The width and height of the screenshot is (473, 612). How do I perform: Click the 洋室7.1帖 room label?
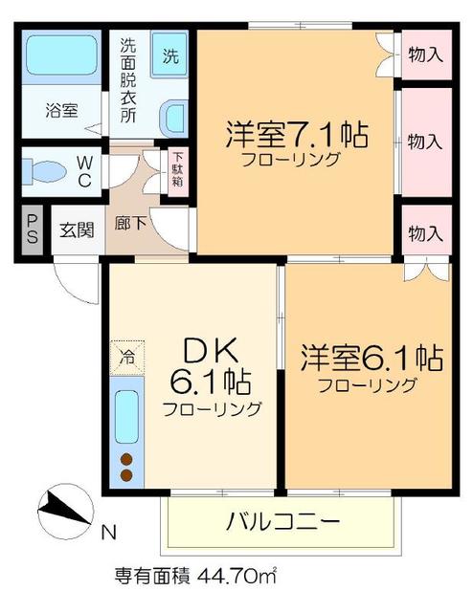(x=297, y=135)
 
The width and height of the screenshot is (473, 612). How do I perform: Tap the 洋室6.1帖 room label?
(x=371, y=359)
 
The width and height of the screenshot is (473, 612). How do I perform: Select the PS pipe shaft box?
(x=32, y=230)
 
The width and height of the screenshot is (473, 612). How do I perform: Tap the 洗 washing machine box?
(x=170, y=55)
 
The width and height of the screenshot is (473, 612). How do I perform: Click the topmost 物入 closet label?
(x=424, y=55)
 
